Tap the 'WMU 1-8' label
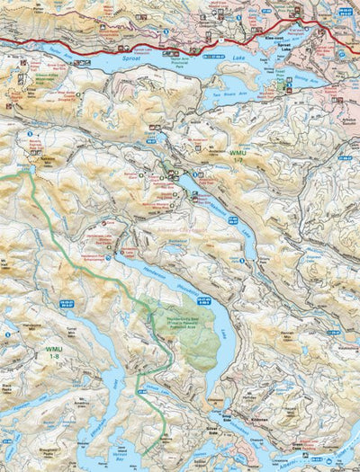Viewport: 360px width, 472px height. pos(55,348)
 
